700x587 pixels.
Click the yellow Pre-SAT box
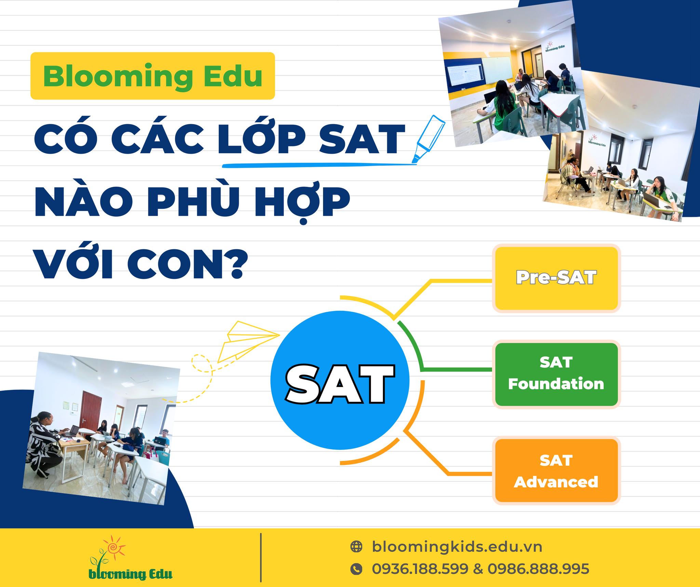coord(556,278)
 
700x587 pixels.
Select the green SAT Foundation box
coord(556,374)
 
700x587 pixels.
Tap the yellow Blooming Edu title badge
coord(153,76)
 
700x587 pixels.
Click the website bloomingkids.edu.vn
coord(457,547)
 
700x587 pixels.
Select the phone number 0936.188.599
coord(420,569)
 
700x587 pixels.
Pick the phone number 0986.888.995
coord(538,569)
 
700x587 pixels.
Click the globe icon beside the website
coord(356,547)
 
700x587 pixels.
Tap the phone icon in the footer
coord(356,569)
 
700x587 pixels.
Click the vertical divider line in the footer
coord(261,557)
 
